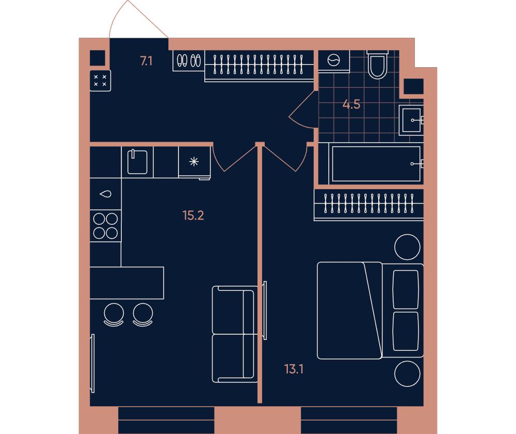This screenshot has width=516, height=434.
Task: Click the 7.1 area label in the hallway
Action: (x=146, y=61)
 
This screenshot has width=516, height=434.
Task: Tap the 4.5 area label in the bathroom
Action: (x=351, y=104)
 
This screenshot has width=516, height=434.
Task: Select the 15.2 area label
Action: (x=193, y=215)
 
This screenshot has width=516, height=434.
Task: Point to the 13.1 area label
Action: (x=294, y=369)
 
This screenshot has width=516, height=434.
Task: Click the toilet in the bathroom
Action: (x=378, y=64)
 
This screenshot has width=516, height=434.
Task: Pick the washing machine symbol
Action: (x=334, y=60)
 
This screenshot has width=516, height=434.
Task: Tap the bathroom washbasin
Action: (x=411, y=120)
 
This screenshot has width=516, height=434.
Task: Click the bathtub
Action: (x=376, y=164)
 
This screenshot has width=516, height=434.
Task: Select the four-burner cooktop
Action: (x=106, y=226)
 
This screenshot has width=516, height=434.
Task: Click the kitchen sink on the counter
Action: (x=137, y=162)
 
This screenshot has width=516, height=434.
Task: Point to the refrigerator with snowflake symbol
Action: (x=194, y=162)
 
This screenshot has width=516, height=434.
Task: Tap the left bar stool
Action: (x=114, y=315)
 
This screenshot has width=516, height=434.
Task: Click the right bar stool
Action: (x=143, y=315)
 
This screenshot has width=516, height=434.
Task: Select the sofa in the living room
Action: (x=235, y=334)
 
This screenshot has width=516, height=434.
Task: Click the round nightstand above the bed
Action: (x=408, y=247)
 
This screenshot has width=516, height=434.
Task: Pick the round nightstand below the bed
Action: (x=408, y=374)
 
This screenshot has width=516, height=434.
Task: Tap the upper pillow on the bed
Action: (x=406, y=290)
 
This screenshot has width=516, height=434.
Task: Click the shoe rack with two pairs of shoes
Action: (x=188, y=60)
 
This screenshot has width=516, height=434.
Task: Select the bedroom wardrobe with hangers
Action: (x=368, y=204)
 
